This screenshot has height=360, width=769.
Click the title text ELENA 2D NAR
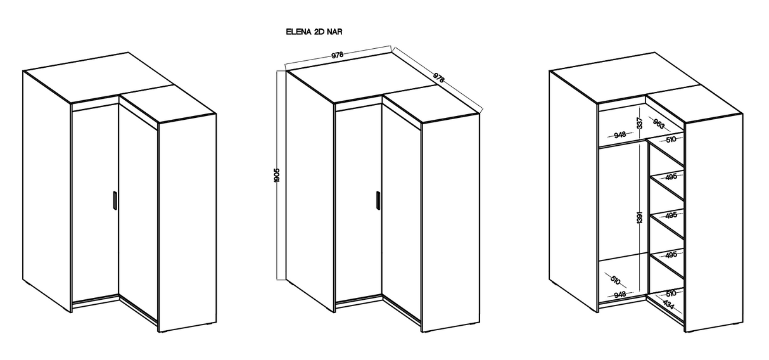coord(315,30)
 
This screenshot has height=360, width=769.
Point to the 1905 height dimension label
coord(277,176)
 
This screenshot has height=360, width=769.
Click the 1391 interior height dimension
coord(640,217)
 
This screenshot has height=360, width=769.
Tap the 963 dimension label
coord(659,124)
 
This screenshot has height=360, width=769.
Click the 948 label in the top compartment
coord(620,134)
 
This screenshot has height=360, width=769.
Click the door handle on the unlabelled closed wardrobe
coord(114,200)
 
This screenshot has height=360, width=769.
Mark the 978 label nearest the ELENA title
coord(338,55)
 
